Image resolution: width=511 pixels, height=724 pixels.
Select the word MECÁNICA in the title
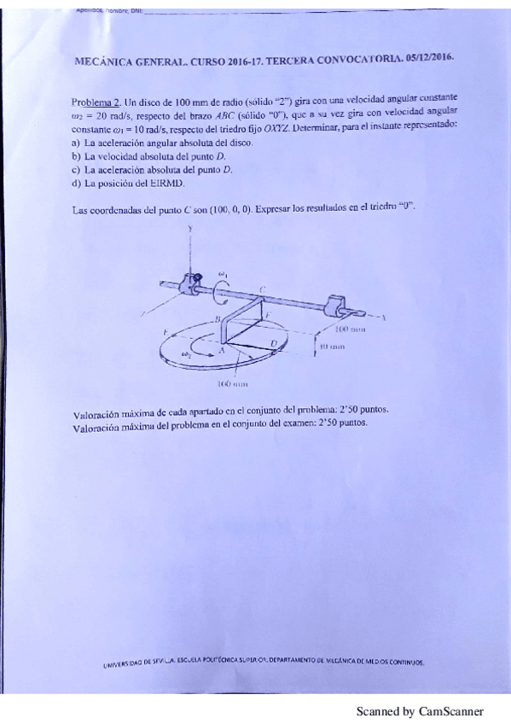[104, 62]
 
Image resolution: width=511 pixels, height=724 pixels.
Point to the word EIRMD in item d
[171, 183]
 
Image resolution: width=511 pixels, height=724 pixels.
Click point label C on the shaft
[262, 290]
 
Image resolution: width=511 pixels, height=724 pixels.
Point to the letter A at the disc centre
[223, 350]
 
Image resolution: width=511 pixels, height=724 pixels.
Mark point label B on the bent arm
[218, 318]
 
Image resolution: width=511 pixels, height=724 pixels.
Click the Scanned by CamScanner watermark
[420, 710]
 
